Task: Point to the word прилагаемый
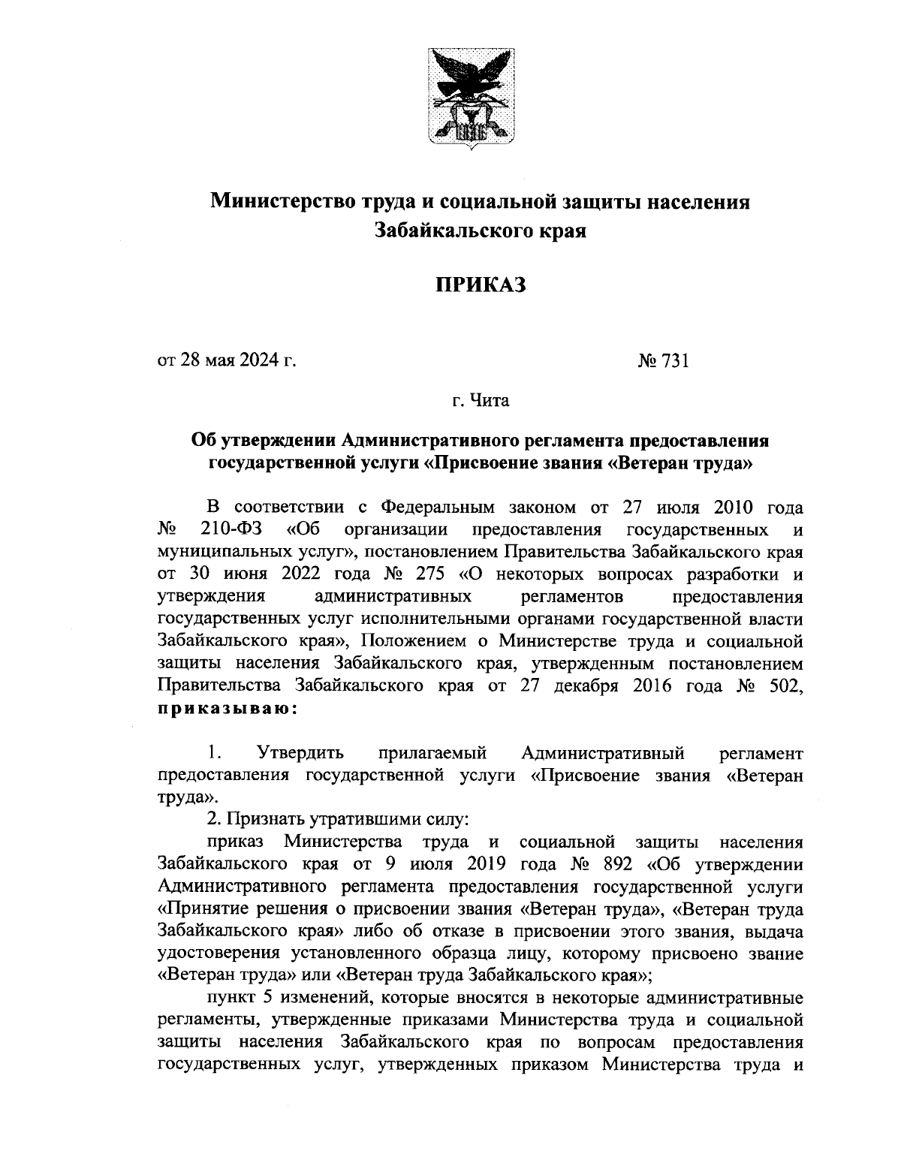433,752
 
